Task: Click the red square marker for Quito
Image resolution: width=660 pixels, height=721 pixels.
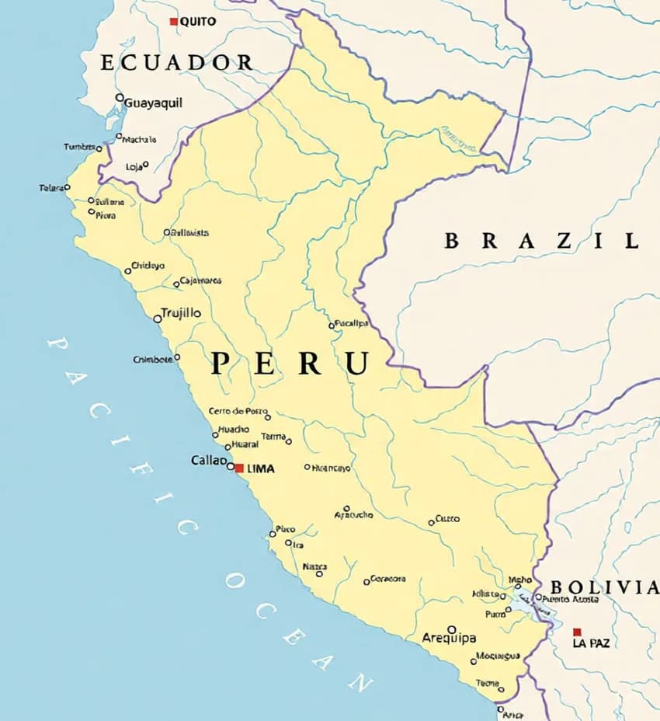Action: pos(174,22)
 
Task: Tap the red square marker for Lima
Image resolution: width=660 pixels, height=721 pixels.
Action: pos(239,468)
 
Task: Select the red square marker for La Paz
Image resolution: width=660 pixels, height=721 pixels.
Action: pos(577,632)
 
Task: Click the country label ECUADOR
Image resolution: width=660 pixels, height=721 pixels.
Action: pos(177,63)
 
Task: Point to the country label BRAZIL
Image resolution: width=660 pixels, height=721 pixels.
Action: pos(541,241)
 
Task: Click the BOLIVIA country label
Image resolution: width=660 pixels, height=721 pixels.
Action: pos(604,587)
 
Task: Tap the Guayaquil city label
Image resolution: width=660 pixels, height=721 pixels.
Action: pos(153,103)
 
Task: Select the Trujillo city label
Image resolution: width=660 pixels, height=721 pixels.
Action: pos(180,313)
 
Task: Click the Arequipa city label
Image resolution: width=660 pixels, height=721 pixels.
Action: pos(449,638)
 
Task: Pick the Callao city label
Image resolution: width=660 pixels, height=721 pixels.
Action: pos(208,460)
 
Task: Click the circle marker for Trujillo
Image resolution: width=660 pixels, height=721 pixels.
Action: pos(158,319)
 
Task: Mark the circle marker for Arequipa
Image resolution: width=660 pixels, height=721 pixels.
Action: pos(451,629)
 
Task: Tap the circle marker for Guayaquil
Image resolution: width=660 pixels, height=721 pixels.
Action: pos(120,98)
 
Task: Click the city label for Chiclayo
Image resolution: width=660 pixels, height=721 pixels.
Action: pos(148,266)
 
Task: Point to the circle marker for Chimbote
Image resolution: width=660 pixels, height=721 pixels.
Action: pos(177,357)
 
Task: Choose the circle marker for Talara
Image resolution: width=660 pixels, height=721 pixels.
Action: pos(67,187)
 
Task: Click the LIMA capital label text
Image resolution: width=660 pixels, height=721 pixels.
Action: pos(260,469)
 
